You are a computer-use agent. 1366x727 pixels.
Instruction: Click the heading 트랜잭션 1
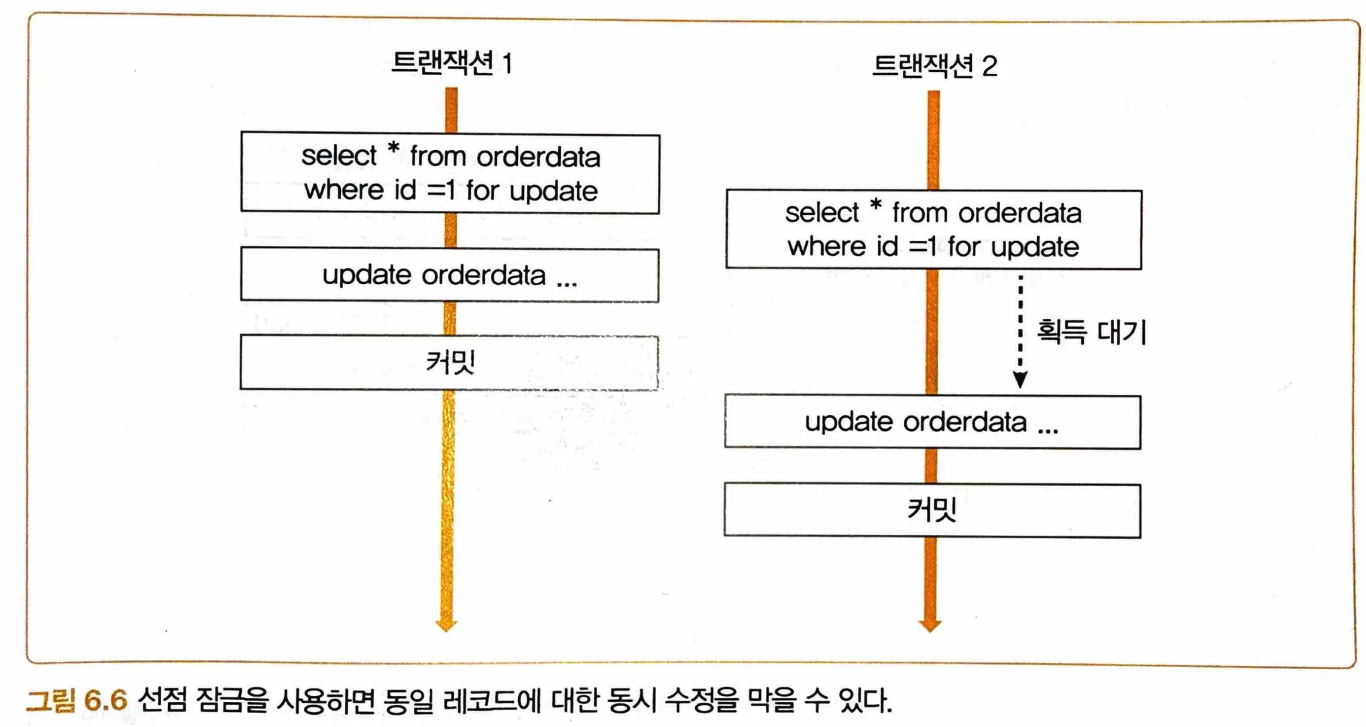click(x=451, y=63)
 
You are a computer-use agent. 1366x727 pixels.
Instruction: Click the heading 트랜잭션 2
click(x=934, y=66)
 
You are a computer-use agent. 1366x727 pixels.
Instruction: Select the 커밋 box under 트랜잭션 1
click(x=450, y=363)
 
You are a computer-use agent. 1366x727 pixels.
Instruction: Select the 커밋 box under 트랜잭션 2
click(x=932, y=510)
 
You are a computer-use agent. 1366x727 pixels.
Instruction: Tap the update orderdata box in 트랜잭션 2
click(x=932, y=422)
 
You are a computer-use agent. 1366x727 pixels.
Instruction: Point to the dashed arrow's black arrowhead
click(x=1020, y=379)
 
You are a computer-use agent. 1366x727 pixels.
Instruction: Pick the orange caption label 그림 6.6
click(x=77, y=701)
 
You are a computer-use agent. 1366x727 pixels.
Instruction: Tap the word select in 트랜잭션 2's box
click(x=821, y=213)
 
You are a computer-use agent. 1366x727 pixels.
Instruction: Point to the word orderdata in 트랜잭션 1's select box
click(x=538, y=157)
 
